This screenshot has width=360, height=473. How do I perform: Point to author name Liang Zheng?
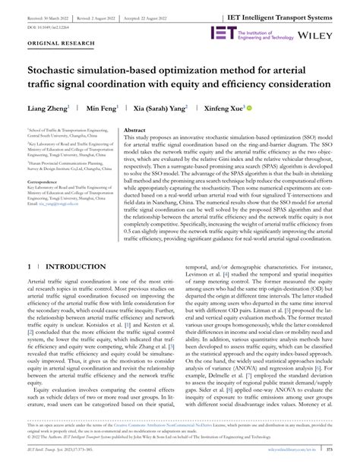click(48, 109)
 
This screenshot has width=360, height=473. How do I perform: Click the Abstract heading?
click(134, 131)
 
